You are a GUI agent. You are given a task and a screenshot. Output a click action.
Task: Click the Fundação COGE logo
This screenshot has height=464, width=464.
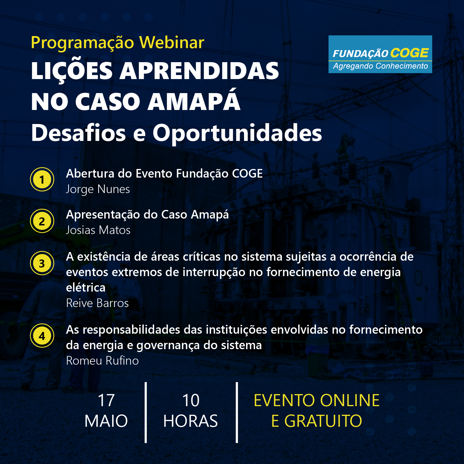[x=380, y=54]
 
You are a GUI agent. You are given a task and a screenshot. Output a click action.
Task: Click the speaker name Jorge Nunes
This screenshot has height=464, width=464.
[x=98, y=190]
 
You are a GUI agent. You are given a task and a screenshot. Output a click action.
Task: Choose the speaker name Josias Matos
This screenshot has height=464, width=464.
[x=98, y=230]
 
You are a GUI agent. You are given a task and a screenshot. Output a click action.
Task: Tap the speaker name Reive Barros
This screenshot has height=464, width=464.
[x=97, y=303]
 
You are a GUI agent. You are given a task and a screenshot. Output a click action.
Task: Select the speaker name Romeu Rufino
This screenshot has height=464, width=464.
[x=102, y=361]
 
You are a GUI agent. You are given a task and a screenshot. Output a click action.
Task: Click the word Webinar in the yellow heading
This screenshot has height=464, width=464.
[x=172, y=42]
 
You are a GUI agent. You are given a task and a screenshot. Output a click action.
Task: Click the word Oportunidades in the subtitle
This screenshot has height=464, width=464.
[x=237, y=133]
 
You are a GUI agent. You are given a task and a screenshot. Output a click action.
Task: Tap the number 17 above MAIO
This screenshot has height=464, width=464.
[x=106, y=400]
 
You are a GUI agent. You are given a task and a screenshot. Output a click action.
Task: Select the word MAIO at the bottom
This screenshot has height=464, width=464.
[x=106, y=421]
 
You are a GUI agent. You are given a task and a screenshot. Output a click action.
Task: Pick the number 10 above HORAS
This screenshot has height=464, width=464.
[x=191, y=400]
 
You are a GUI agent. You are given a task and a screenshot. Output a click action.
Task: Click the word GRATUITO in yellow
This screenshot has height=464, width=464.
[x=323, y=421]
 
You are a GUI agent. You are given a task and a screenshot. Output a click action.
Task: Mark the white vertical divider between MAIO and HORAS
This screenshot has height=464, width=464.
[x=146, y=412]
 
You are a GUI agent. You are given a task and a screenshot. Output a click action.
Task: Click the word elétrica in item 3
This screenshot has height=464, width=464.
[x=86, y=288]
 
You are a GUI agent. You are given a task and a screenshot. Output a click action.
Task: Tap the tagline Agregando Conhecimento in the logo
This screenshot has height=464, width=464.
[x=380, y=66]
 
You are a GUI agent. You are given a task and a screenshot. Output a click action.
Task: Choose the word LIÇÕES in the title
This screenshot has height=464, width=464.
[x=72, y=71]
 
